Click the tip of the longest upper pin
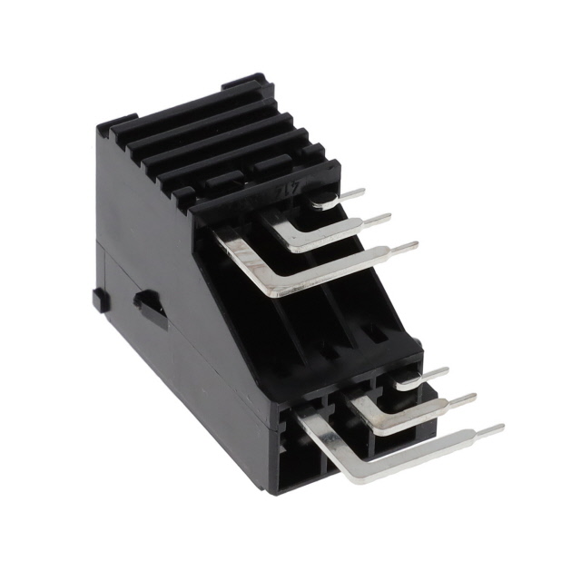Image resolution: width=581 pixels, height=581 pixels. tap(416, 244)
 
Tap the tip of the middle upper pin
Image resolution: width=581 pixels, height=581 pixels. tap(389, 217)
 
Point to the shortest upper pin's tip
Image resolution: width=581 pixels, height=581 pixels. tap(363, 192)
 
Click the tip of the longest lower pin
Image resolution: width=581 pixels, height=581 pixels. tap(502, 428)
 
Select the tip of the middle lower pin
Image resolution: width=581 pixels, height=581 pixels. tap(474, 397)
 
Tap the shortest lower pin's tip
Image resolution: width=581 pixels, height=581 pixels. tap(447, 370)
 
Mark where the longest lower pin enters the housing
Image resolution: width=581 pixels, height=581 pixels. tap(304, 414)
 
